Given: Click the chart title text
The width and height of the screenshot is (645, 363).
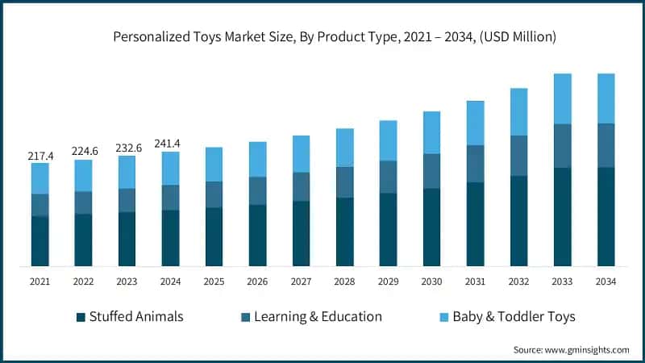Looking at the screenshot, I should [335, 36].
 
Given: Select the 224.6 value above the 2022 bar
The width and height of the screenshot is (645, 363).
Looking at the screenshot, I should [84, 150].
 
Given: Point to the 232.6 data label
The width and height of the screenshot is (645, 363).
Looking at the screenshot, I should [127, 147].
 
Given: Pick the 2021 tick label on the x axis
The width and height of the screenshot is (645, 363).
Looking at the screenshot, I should [40, 281].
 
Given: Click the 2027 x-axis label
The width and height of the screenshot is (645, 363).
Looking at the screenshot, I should [301, 281].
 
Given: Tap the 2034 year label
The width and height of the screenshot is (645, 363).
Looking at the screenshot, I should [605, 281].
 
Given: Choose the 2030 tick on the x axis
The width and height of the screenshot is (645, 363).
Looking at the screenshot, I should [431, 281].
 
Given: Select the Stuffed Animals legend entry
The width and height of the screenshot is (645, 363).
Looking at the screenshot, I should [136, 317].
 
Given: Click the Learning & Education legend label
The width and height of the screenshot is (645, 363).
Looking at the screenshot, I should [318, 317].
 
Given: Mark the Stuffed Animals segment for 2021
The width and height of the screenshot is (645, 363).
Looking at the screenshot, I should [40, 240].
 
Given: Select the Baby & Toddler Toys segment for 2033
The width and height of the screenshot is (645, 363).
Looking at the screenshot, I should [562, 98].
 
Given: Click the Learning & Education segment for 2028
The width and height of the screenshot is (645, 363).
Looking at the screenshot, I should [344, 182].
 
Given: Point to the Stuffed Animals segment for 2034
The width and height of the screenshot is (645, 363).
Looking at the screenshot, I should [605, 216].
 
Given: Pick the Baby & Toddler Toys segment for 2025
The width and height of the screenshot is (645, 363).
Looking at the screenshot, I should [214, 164].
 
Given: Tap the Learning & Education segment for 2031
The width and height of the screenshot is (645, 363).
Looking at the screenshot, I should [475, 164].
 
